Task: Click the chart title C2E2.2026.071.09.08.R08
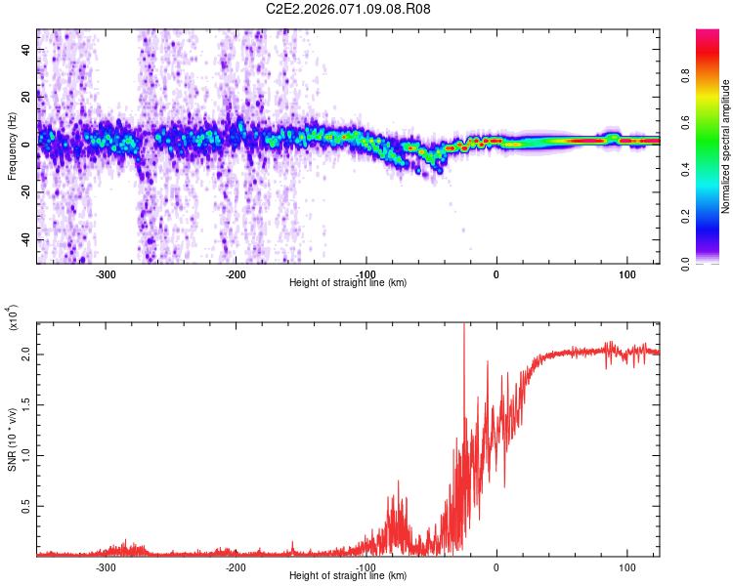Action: [348, 9]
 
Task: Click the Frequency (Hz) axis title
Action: [12, 146]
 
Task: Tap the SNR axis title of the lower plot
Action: [12, 439]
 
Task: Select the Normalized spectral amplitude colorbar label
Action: [726, 146]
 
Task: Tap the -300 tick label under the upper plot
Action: [107, 274]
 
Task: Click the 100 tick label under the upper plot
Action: [626, 274]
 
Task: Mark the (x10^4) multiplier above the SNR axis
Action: [12, 318]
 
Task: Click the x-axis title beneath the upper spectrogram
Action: [348, 283]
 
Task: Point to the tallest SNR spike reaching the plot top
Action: [464, 327]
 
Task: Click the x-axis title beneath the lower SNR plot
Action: [348, 576]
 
